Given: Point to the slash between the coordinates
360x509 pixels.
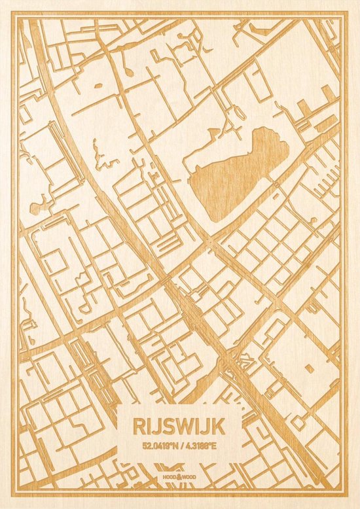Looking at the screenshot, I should pyautogui.click(x=181, y=447).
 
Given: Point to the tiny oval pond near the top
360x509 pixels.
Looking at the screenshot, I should pyautogui.click(x=99, y=86).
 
